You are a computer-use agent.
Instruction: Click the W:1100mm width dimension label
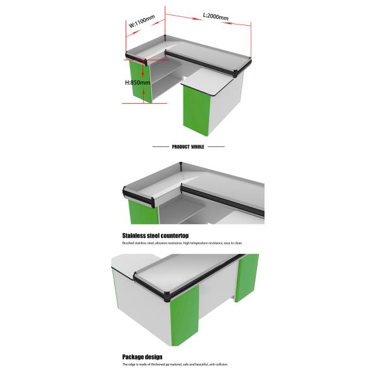[x=141, y=23]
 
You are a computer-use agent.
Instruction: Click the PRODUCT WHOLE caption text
[x=188, y=146]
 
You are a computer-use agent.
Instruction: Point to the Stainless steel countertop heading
[x=155, y=236]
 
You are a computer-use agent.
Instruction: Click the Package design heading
[x=142, y=357]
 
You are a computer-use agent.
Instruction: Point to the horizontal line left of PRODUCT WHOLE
[x=161, y=146]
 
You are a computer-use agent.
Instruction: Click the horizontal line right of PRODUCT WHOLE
[x=216, y=146]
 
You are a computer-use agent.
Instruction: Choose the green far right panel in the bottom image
[x=247, y=276]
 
